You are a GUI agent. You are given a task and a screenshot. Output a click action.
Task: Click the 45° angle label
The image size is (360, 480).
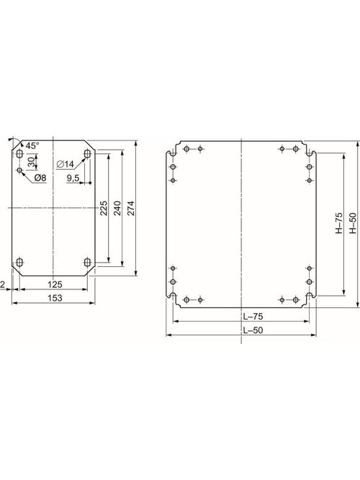(x=32, y=146)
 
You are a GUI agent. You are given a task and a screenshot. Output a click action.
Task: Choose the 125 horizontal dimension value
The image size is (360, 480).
(x=54, y=284)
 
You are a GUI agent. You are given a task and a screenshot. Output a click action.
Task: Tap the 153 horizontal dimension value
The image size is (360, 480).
(x=54, y=298)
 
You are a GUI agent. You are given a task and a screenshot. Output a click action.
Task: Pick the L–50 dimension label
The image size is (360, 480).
(x=242, y=330)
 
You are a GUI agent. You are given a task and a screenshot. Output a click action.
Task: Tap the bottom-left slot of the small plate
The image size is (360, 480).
(x=19, y=261)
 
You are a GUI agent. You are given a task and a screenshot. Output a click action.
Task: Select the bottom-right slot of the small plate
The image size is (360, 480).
(x=87, y=261)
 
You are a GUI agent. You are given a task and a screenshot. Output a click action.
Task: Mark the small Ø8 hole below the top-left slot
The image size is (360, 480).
(x=19, y=170)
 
